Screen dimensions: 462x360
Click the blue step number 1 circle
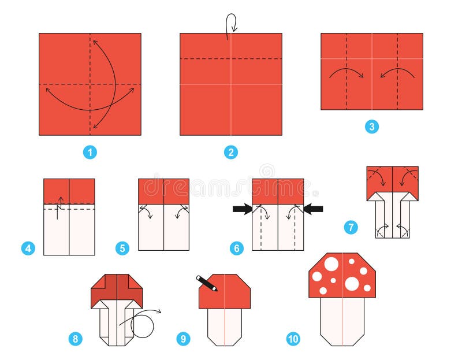(x=90, y=153)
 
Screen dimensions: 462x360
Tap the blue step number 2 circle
(x=230, y=153)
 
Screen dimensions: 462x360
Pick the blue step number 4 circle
(x=27, y=249)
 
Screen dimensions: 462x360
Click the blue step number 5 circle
(x=122, y=249)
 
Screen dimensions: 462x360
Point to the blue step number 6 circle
(x=236, y=249)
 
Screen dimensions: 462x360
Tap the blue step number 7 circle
(x=351, y=227)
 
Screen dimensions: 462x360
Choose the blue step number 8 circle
(x=74, y=339)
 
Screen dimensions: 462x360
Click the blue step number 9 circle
(x=183, y=339)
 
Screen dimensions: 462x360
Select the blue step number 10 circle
(x=293, y=339)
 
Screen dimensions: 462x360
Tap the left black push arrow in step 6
(x=242, y=209)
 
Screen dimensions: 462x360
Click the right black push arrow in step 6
(x=314, y=209)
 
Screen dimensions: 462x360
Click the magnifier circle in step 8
(x=143, y=324)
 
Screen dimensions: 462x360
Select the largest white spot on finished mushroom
(x=351, y=284)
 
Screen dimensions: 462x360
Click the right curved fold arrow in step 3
(x=397, y=74)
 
